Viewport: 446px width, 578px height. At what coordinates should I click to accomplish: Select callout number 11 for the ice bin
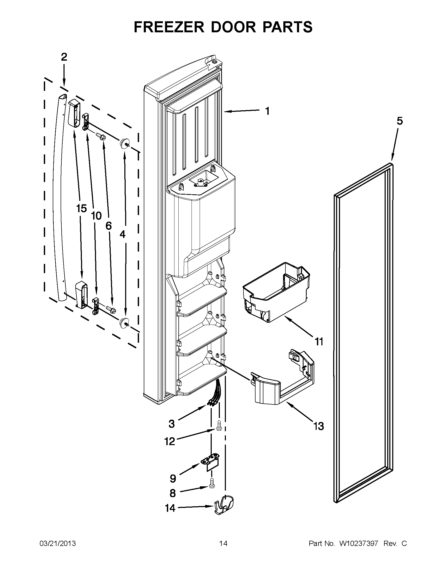tap(319, 342)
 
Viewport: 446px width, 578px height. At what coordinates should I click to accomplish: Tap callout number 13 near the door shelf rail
tap(319, 426)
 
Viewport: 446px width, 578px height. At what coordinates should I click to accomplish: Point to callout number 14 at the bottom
tap(170, 508)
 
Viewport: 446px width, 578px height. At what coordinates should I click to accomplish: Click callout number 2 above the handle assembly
tap(64, 57)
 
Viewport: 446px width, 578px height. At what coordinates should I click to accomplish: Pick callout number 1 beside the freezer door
tap(267, 111)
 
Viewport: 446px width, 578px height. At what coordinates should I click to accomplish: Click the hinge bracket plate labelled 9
tap(211, 462)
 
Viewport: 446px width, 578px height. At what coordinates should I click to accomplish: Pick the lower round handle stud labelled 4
tap(123, 322)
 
